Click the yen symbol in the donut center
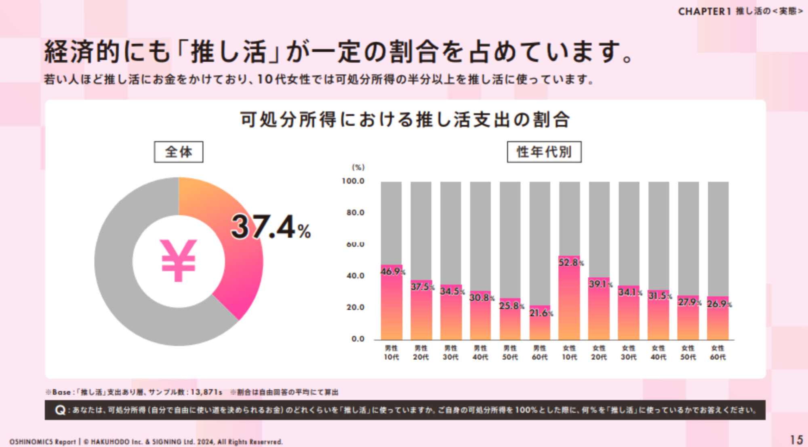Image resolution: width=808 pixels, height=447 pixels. [x=179, y=260]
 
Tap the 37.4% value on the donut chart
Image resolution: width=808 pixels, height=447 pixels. [x=270, y=227]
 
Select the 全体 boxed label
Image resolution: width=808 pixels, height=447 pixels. [x=179, y=152]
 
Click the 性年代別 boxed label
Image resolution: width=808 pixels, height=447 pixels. [x=544, y=152]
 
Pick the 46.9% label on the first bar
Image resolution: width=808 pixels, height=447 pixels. [x=392, y=272]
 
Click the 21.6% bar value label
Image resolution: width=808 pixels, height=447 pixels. [x=541, y=313]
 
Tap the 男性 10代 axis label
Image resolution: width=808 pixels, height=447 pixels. [x=391, y=352]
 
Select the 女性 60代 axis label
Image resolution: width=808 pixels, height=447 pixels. [x=718, y=352]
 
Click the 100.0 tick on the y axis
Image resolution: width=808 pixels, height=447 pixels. [x=353, y=181]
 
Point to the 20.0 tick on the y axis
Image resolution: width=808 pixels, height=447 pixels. [x=355, y=307]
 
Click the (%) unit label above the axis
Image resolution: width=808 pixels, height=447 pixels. [x=358, y=167]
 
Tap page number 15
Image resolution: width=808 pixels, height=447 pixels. [x=796, y=440]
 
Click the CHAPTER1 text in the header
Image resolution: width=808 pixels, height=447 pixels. [x=704, y=11]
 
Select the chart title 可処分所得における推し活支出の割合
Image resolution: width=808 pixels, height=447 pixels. [x=405, y=120]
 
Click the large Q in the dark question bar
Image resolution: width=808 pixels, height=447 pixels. [x=60, y=411]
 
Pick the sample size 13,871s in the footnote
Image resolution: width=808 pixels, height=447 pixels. [x=206, y=392]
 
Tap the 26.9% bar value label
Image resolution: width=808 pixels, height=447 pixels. [x=719, y=304]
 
